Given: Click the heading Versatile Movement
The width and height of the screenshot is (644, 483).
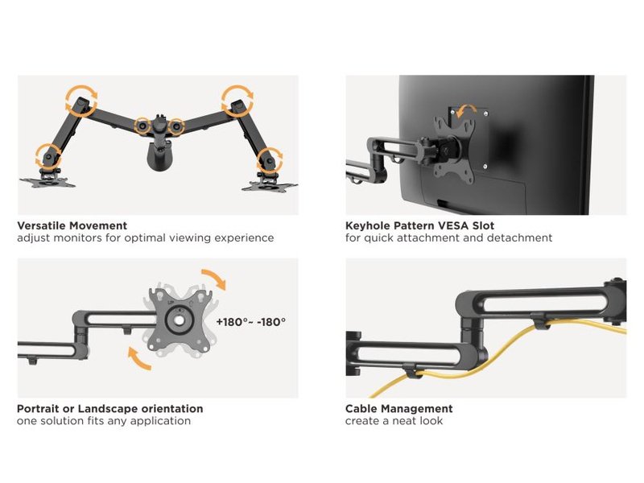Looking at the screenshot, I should pos(72,226).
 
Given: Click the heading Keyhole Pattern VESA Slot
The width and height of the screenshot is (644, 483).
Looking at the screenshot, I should pos(419,226).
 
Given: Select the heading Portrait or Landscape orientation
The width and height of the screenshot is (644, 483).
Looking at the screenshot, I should pos(109,409).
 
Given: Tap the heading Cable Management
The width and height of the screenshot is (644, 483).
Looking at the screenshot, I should pos(398,409).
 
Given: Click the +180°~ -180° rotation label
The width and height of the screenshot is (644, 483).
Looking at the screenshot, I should pos(251,321).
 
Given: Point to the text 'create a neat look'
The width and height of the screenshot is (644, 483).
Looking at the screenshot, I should pos(394,421).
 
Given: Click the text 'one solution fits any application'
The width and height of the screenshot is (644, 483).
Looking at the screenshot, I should pos(104,421).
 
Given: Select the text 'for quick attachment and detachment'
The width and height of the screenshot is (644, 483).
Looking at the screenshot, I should pos(448,238).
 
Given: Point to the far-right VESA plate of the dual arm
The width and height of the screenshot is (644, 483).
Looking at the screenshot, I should pos(269,186).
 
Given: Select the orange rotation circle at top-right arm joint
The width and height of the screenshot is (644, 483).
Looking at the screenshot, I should pos(237,100).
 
